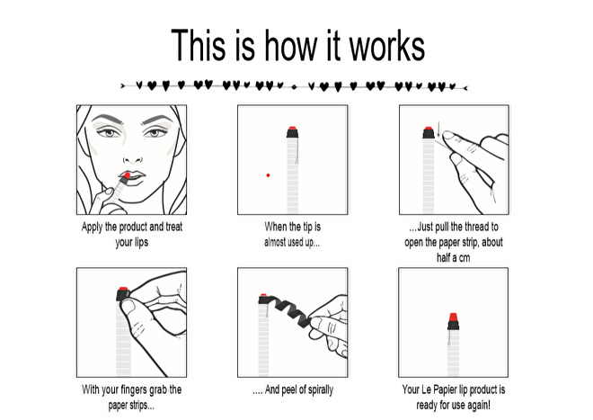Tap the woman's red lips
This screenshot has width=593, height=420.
128,174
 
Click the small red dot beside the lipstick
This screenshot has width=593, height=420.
268,175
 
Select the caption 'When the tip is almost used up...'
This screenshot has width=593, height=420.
293,235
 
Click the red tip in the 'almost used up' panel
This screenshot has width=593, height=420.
292,130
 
